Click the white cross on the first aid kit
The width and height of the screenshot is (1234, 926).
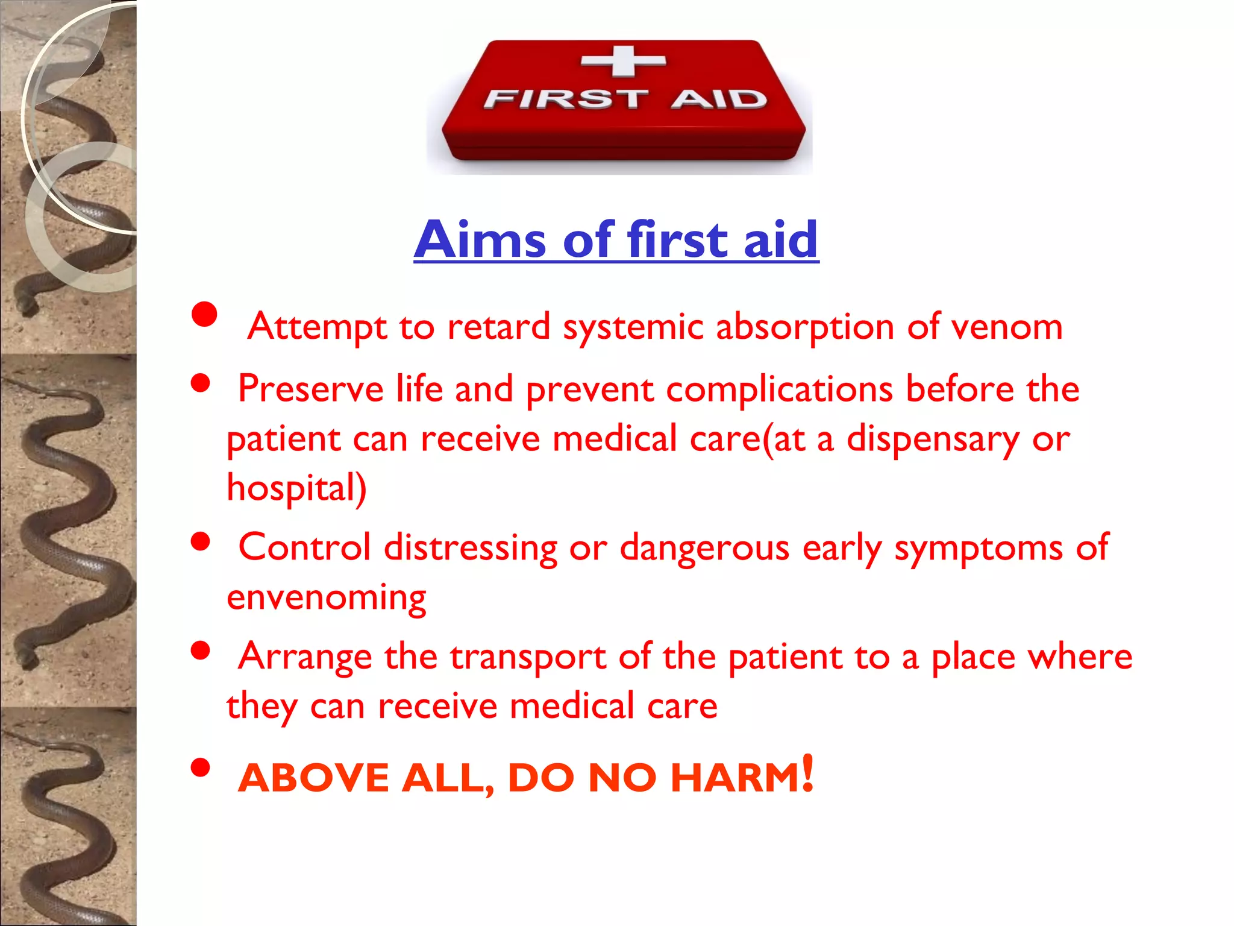[x=624, y=61]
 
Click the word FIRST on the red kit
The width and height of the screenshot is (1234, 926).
[x=566, y=99]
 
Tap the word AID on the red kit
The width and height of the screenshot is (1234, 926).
[x=719, y=99]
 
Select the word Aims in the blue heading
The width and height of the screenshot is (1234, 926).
[x=480, y=240]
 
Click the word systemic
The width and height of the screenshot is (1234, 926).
[x=633, y=327]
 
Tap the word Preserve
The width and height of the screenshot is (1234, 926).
[x=310, y=389]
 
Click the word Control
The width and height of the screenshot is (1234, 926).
[x=304, y=547]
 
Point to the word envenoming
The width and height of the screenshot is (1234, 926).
[x=326, y=598]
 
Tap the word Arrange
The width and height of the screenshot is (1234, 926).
[x=305, y=657]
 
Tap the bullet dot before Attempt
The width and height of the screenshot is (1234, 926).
[x=204, y=314]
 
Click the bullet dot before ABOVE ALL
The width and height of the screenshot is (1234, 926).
[x=200, y=768]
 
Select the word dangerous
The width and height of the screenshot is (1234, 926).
[x=704, y=547]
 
